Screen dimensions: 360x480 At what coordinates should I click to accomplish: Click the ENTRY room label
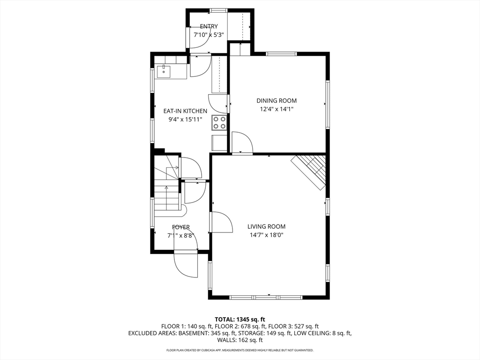pos(209,26)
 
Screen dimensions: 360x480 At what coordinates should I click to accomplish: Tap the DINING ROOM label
pos(276,100)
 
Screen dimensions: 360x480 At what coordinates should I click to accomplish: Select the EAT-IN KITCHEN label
pos(185,111)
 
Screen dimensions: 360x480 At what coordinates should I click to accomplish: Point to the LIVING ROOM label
pos(266,226)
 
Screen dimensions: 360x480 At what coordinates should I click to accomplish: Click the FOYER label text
pos(180,227)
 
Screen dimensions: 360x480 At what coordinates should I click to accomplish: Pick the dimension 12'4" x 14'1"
pos(276,109)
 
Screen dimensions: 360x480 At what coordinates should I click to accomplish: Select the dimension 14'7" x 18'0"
pos(266,235)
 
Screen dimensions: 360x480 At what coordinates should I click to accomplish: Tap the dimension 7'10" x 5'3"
pos(209,35)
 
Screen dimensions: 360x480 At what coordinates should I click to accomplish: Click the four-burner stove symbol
pos(219,122)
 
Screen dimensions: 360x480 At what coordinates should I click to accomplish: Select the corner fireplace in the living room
pos(310,172)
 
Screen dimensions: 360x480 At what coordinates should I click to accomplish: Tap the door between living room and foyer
pos(220,222)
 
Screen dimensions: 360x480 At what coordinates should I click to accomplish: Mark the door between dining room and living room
pos(242,143)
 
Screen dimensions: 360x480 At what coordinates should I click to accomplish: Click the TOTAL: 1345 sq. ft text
pos(240,319)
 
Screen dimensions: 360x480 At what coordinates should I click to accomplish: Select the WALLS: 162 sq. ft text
pos(240,340)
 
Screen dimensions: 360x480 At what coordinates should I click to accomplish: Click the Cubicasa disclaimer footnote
pos(240,350)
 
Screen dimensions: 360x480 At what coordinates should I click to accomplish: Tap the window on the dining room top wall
pos(281,54)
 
